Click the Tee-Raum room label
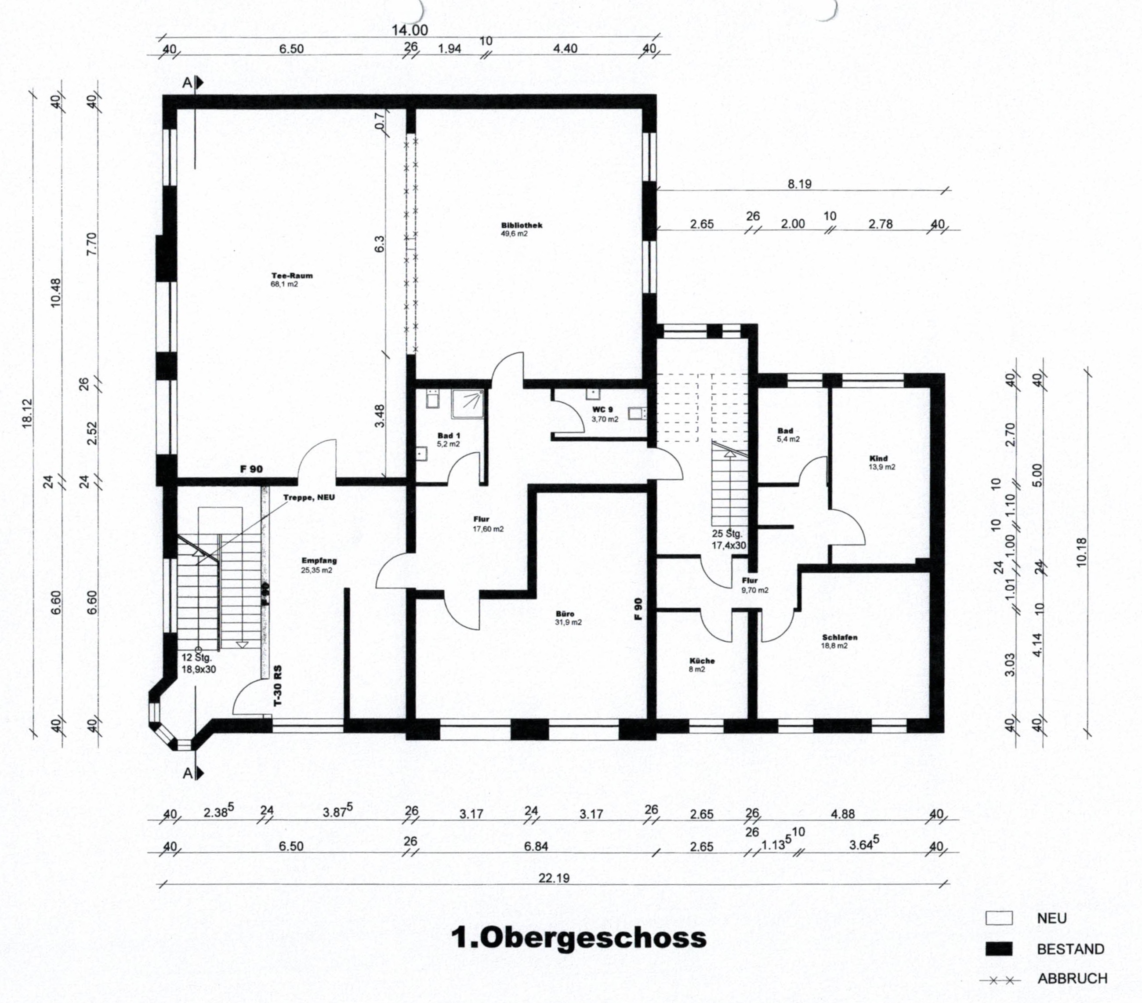(292, 276)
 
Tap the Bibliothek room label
(521, 225)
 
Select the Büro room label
(565, 614)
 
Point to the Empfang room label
(319, 561)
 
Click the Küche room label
(702, 661)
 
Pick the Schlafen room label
(840, 637)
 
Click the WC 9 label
(602, 410)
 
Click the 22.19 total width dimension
(554, 878)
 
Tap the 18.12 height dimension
(27, 414)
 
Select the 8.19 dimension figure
(800, 184)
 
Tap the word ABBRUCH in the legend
(1072, 978)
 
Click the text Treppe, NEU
(309, 497)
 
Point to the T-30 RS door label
(278, 686)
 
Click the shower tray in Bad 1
(468, 403)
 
